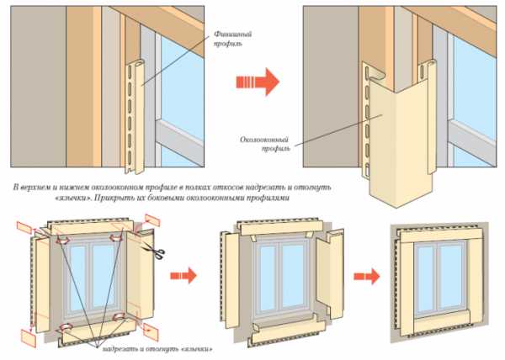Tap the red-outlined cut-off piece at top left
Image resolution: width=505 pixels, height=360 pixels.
tap(23, 228)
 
